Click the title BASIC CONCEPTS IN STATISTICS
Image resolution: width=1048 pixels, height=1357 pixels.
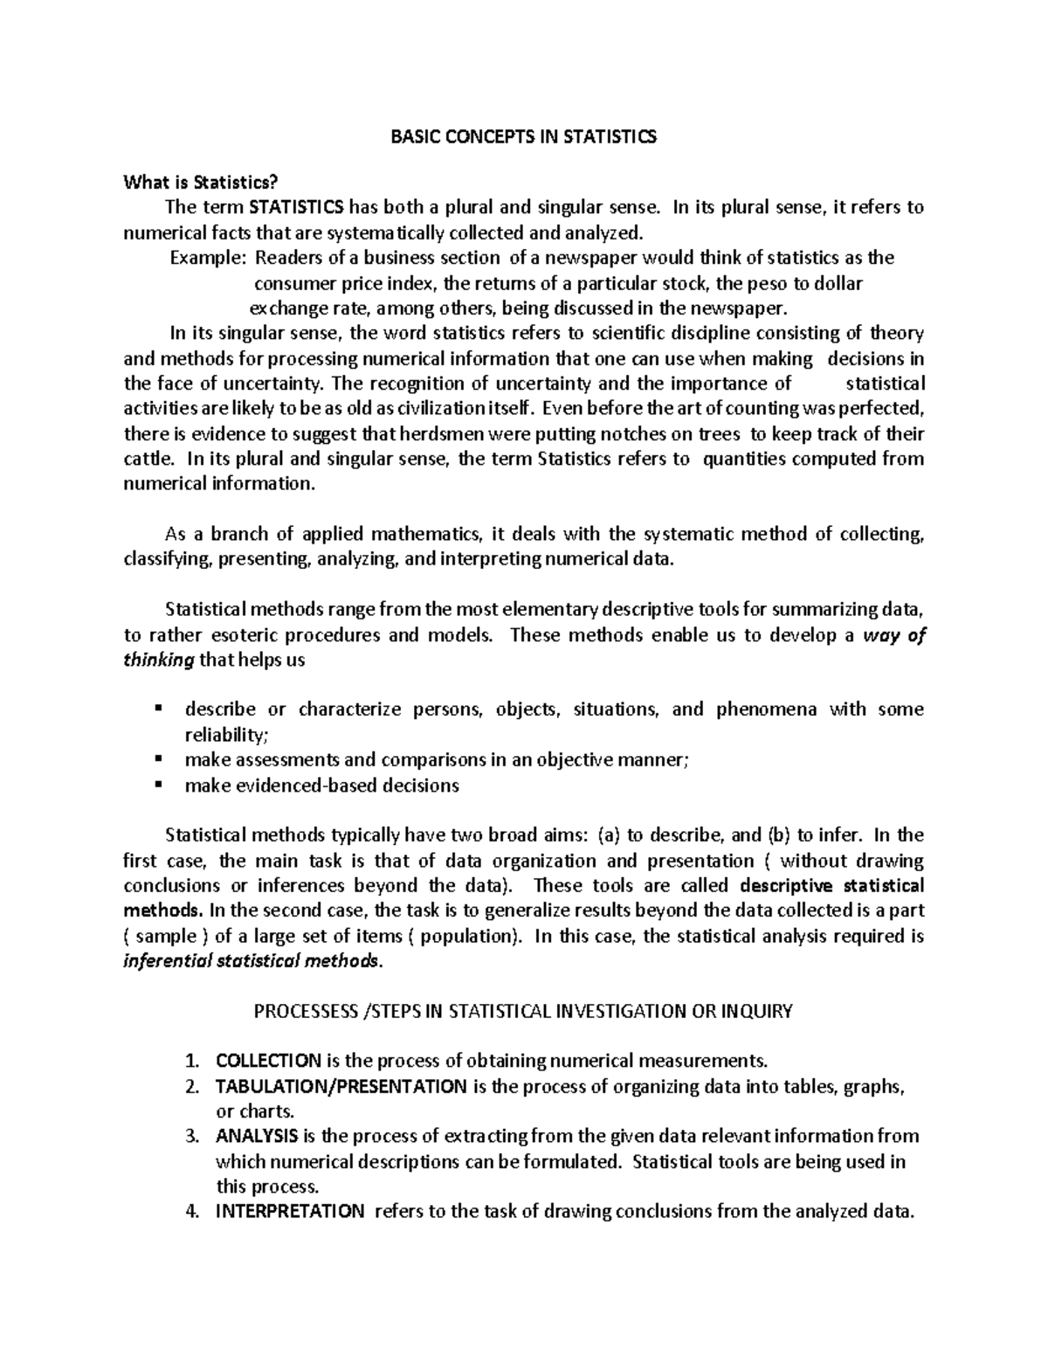pos(523,137)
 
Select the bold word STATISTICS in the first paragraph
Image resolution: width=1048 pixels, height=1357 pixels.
pos(297,208)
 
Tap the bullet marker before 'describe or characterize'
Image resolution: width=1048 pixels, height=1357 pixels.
pos(158,708)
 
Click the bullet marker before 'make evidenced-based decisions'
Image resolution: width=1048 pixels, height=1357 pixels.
pos(158,785)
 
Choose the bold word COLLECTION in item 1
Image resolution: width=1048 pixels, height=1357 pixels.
pos(268,1062)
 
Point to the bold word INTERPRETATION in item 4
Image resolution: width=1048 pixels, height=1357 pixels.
pos(290,1212)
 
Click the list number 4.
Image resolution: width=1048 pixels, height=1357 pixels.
pos(193,1212)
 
